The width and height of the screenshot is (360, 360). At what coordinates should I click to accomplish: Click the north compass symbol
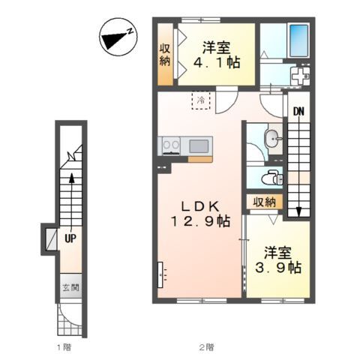click(118, 37)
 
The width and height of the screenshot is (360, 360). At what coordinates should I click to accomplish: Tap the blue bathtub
click(298, 40)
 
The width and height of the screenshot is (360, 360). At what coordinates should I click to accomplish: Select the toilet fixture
click(272, 177)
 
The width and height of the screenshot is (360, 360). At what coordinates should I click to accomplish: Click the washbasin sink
click(272, 138)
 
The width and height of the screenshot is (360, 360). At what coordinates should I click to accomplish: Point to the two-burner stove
click(171, 145)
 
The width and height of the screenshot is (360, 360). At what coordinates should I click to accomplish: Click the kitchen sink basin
click(199, 146)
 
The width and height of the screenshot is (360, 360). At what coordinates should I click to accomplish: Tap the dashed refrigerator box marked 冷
click(201, 100)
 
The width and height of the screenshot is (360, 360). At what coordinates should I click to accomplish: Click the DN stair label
click(298, 112)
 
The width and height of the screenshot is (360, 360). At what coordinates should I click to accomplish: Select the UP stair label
click(70, 238)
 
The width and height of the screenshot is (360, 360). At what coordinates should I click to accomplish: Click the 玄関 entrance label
click(70, 288)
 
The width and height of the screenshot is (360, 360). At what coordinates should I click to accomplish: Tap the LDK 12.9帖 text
click(200, 214)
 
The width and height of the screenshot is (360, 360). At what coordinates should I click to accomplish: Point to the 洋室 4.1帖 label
click(217, 55)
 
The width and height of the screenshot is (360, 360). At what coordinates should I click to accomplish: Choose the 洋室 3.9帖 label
click(278, 260)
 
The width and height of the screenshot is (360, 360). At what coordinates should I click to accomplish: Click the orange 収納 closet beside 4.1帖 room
click(165, 55)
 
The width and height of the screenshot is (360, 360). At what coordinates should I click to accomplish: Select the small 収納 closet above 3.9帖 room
click(265, 202)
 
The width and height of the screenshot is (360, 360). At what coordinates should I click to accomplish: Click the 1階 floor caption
click(64, 347)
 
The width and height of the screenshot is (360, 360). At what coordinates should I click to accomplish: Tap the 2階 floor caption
click(206, 347)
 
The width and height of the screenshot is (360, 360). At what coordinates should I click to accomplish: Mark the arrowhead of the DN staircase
click(298, 212)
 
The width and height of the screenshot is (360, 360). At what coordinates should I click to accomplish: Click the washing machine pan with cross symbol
click(300, 76)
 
